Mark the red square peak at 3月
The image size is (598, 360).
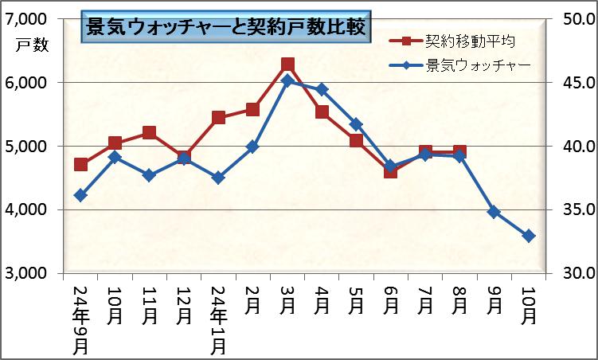click(287, 65)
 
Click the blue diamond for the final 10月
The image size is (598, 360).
click(529, 236)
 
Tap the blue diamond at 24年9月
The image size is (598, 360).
click(80, 195)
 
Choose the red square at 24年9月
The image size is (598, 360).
click(80, 164)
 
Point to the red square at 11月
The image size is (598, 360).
click(149, 133)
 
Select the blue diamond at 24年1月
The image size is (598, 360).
click(218, 178)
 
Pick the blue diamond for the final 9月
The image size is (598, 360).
click(494, 212)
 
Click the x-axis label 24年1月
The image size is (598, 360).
click(219, 319)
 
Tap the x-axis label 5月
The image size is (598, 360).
click(356, 303)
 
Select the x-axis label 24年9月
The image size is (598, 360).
click(80, 319)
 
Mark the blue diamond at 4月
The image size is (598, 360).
click(322, 89)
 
